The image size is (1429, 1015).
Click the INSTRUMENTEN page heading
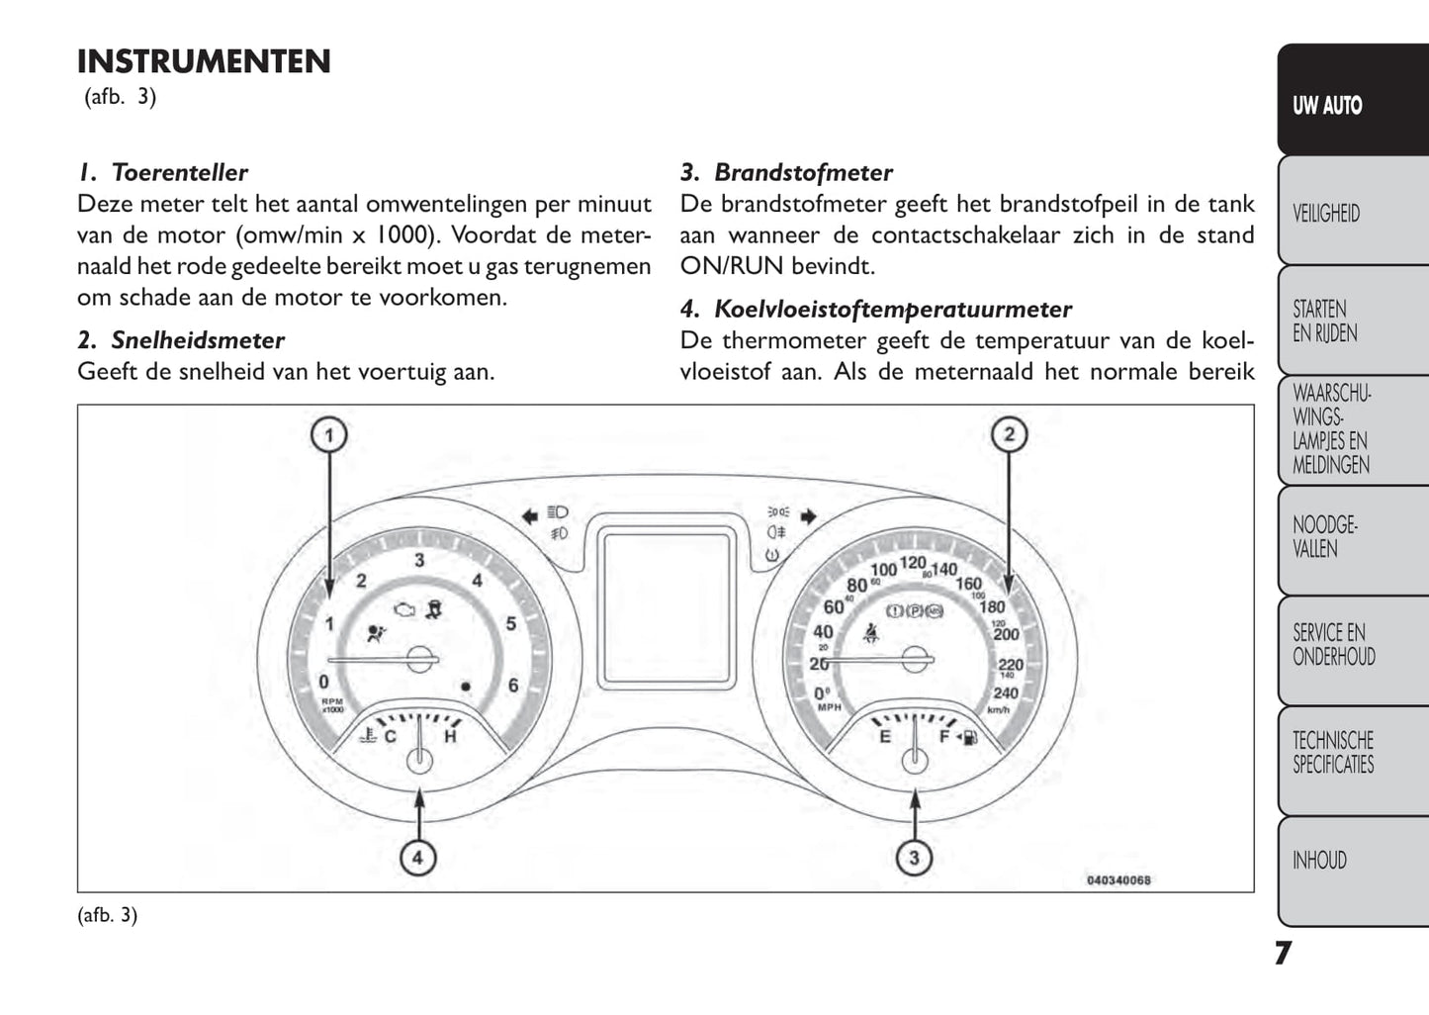(x=204, y=61)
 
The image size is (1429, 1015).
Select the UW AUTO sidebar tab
(x=1327, y=105)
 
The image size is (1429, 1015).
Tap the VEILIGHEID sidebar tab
(x=1326, y=213)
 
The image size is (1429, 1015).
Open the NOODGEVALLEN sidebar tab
(x=1325, y=536)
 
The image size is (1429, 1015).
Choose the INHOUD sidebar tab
(x=1319, y=861)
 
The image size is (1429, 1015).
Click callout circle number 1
(x=329, y=434)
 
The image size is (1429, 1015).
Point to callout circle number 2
(x=1009, y=434)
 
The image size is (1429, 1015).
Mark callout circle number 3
(x=914, y=858)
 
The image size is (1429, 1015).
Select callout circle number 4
(x=417, y=858)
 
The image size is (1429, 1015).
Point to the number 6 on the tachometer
(x=513, y=685)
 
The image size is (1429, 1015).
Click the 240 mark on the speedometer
(x=1006, y=693)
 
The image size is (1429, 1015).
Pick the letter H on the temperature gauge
(x=451, y=736)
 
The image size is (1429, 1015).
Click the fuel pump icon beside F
(x=970, y=737)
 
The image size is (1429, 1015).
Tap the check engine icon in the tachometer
(x=403, y=610)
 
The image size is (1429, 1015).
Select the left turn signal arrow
(x=530, y=514)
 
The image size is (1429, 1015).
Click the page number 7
(x=1282, y=953)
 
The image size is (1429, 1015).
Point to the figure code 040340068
(x=1118, y=880)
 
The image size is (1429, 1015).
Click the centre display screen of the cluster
(x=667, y=605)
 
